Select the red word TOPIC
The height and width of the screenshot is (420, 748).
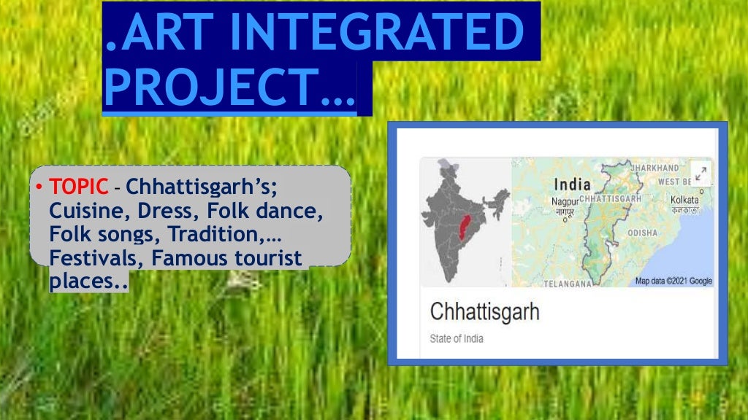78,187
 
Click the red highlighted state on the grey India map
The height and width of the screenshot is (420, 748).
463,230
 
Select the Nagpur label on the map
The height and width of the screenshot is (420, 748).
565,201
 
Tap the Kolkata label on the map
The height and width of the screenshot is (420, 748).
684,200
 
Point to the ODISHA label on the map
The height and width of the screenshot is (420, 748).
642,233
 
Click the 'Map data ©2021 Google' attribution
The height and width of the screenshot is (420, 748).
673,281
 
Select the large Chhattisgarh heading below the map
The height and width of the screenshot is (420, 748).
484,312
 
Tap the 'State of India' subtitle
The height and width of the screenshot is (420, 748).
457,339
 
